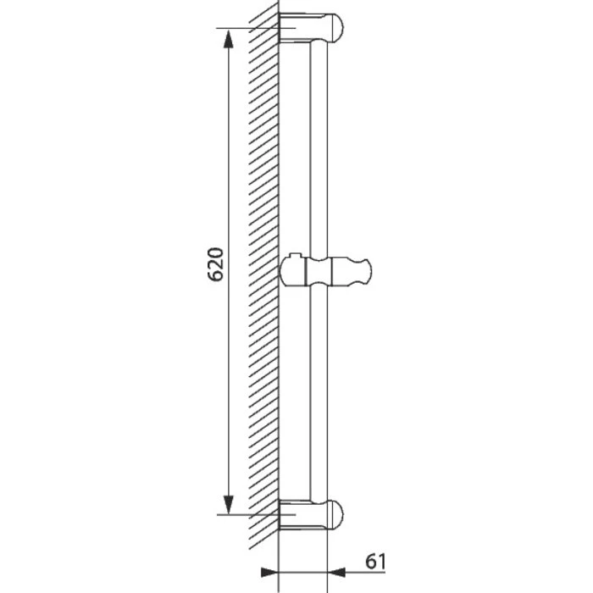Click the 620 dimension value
pos(216,264)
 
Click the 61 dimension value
pos(375,561)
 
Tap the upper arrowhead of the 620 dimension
pos(228,39)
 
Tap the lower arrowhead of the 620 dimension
pos(228,505)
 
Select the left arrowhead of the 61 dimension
pos(269,573)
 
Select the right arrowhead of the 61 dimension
pos(336,573)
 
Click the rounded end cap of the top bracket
pos(335,27)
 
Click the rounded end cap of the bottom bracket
pos(335,514)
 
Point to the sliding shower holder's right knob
pos(352,270)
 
